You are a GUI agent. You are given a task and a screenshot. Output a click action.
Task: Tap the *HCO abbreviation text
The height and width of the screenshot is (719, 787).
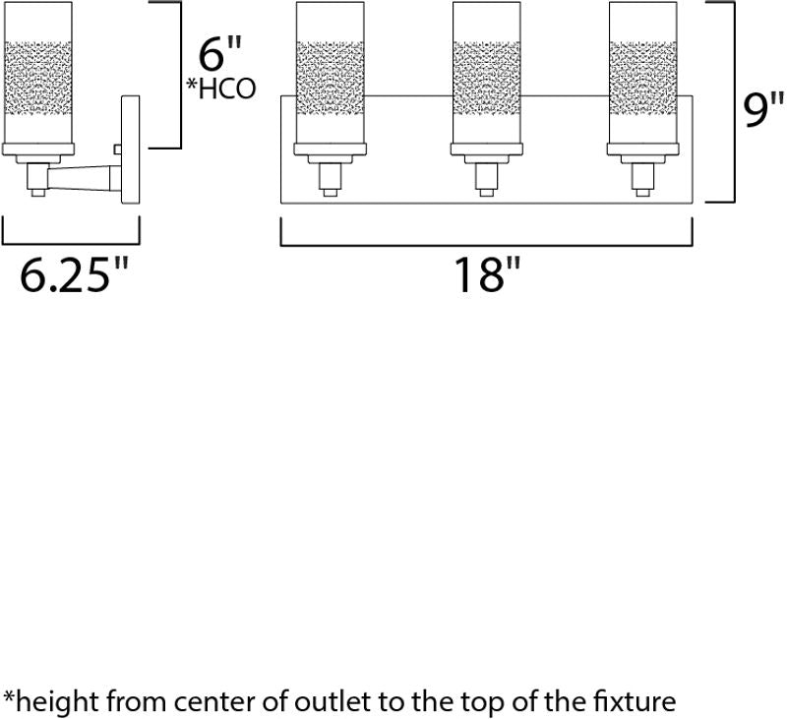(221, 89)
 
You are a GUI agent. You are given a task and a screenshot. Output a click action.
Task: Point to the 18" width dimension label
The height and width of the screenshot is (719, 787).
(487, 274)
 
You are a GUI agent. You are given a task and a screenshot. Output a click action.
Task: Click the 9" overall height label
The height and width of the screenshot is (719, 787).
(763, 110)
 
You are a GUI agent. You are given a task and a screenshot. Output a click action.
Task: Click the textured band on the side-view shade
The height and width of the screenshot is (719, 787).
(37, 79)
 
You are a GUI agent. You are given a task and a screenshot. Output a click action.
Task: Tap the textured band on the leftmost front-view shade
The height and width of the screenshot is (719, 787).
(330, 79)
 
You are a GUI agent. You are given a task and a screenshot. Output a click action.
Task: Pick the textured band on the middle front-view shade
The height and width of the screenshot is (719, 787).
(486, 79)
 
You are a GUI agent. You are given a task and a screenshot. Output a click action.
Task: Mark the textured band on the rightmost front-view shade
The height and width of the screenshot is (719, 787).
(643, 79)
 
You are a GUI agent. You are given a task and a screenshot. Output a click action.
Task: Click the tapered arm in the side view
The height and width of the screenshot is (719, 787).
(80, 179)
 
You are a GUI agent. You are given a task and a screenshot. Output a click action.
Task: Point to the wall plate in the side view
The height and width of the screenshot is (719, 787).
(131, 150)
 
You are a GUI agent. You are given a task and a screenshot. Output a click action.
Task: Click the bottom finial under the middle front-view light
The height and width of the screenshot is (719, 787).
(486, 193)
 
